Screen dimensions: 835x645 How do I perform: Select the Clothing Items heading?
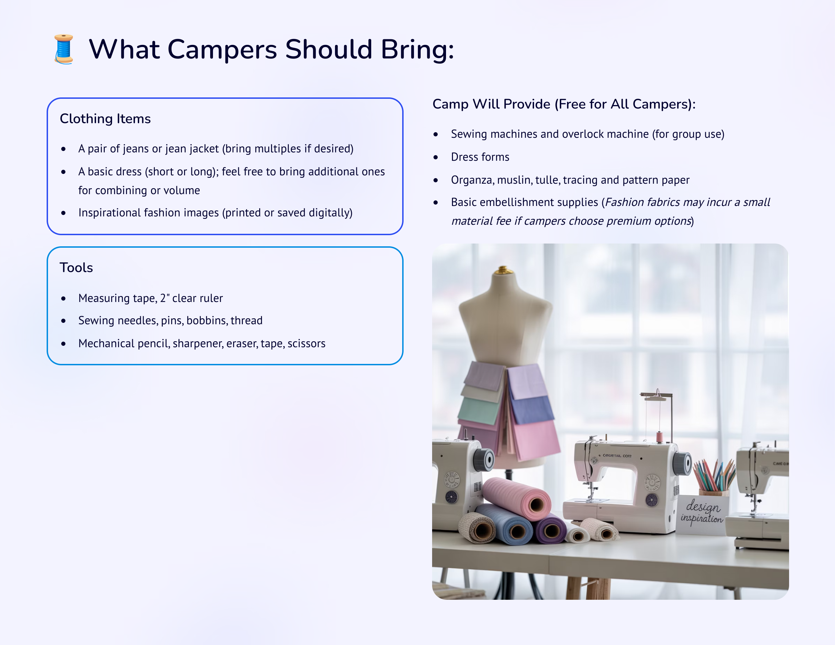(x=105, y=119)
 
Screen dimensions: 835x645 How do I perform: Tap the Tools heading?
(x=76, y=268)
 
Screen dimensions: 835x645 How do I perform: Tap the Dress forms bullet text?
(x=480, y=157)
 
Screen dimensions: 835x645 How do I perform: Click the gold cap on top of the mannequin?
(x=503, y=270)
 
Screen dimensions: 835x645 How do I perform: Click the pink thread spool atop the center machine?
(x=660, y=437)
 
